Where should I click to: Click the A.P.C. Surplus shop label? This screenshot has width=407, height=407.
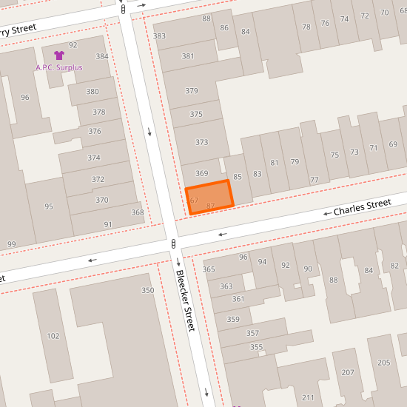pyautogui.click(x=58, y=67)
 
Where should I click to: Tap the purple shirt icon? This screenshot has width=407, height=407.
pyautogui.click(x=58, y=55)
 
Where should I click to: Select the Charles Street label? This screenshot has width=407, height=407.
pyautogui.click(x=362, y=206)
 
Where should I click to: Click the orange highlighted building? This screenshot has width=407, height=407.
pyautogui.click(x=209, y=197)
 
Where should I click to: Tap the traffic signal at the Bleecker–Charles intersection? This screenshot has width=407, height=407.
pyautogui.click(x=173, y=243)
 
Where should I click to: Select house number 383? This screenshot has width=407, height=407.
pyautogui.click(x=159, y=36)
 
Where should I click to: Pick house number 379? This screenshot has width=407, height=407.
pyautogui.click(x=192, y=91)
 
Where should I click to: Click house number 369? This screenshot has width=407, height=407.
pyautogui.click(x=201, y=173)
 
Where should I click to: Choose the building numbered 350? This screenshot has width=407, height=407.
pyautogui.click(x=148, y=290)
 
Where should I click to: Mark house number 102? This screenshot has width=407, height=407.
pyautogui.click(x=53, y=336)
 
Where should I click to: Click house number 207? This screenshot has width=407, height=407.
pyautogui.click(x=348, y=372)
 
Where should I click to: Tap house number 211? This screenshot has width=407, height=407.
pyautogui.click(x=308, y=398)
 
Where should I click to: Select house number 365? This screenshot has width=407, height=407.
pyautogui.click(x=209, y=269)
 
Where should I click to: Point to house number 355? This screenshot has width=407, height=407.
pyautogui.click(x=256, y=347)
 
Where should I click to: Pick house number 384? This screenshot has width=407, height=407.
pyautogui.click(x=102, y=56)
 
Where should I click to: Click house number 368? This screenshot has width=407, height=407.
pyautogui.click(x=138, y=212)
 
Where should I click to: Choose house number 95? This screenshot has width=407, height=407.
pyautogui.click(x=49, y=206)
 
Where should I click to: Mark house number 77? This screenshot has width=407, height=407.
pyautogui.click(x=314, y=180)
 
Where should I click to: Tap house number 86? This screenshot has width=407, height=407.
pyautogui.click(x=224, y=26)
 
